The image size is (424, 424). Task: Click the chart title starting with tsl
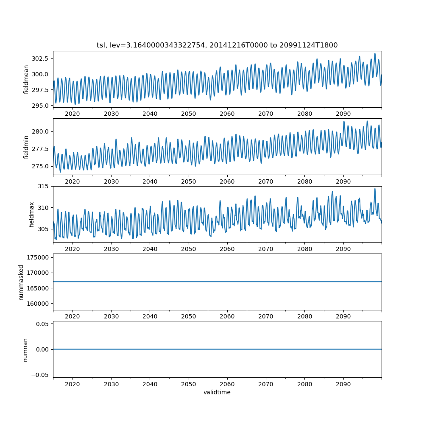(x=217, y=45)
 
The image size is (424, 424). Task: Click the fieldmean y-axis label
(x=26, y=79)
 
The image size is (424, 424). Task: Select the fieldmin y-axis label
(x=26, y=147)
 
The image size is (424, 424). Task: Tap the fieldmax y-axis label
(x=31, y=214)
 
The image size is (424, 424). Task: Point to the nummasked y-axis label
(x=21, y=282)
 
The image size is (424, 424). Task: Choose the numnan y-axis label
(x=25, y=349)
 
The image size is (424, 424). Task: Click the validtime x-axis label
(x=217, y=392)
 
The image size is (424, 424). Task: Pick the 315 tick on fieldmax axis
(x=45, y=187)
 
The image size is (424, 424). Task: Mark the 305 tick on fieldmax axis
(x=45, y=229)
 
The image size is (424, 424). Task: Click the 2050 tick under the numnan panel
(x=189, y=384)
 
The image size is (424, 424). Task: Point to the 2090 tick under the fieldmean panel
(x=343, y=114)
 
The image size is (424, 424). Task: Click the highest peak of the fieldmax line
(x=375, y=189)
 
